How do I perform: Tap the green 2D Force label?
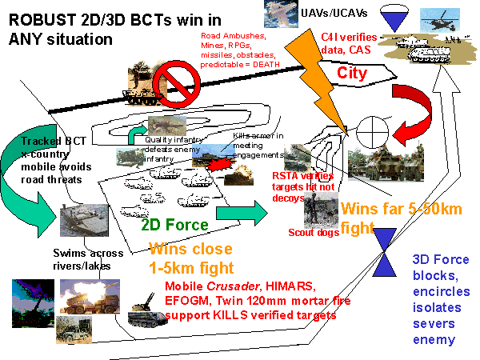coord(175,225)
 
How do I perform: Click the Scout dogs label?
coord(313,233)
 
